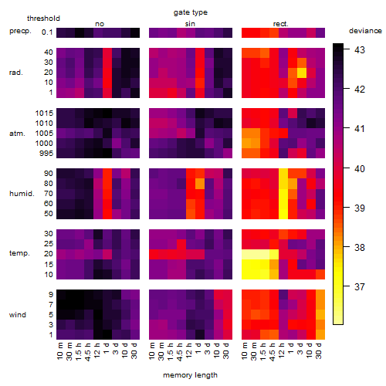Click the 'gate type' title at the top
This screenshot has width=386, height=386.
tap(191, 12)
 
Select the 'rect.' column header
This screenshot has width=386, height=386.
tap(280, 24)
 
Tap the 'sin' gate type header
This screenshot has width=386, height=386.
tap(190, 24)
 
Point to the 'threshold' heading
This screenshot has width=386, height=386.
tap(43, 19)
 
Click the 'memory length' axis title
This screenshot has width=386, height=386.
tap(190, 375)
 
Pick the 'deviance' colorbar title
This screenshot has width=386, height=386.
tap(365, 31)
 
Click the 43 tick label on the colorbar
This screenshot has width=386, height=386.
tap(360, 49)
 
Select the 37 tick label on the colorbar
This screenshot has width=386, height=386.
tap(360, 286)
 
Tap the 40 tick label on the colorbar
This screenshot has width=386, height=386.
tap(360, 168)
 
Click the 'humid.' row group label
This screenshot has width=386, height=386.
tap(22, 194)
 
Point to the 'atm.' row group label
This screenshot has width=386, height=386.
tap(17, 134)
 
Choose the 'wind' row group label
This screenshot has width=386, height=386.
tap(18, 315)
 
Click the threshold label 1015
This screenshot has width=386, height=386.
tap(44, 113)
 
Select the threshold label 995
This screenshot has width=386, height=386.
tap(46, 154)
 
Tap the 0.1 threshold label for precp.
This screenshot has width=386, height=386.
tap(47, 32)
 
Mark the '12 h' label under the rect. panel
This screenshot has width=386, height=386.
tap(282, 350)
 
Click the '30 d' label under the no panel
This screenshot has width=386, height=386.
tap(134, 350)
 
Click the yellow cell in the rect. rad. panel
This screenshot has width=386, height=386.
tap(302, 73)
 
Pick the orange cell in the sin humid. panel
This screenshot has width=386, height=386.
tap(200, 184)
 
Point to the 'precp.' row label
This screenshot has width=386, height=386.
tap(20, 31)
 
